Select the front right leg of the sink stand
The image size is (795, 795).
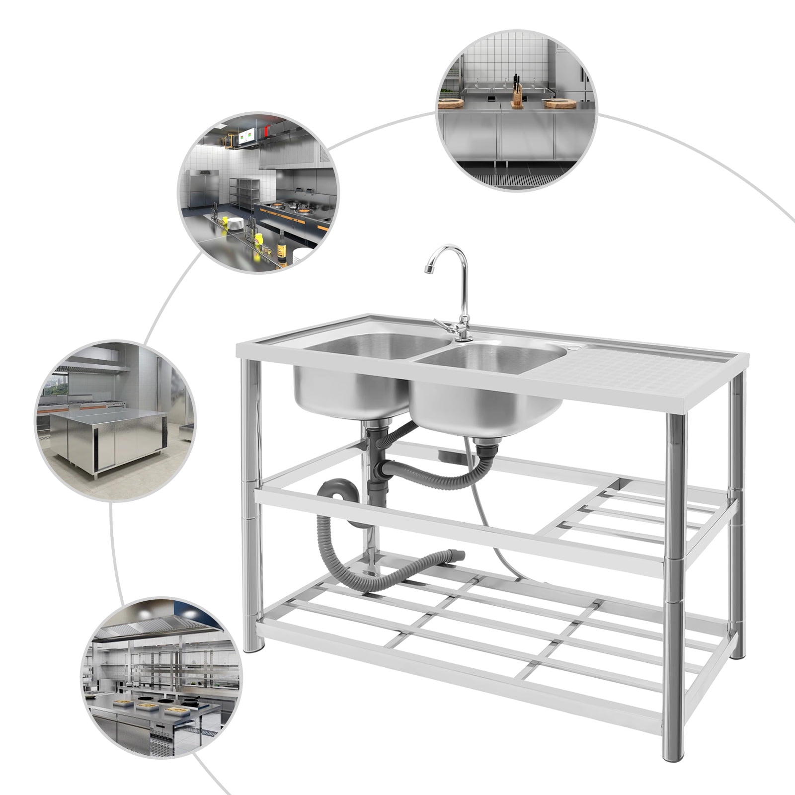674,571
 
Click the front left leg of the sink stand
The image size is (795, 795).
252,497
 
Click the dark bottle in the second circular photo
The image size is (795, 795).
282,247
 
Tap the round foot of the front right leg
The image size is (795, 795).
674,755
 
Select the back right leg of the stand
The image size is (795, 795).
737,522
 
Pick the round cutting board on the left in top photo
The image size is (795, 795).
451,103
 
